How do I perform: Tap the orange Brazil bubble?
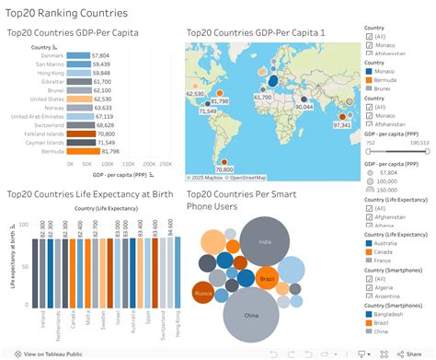pyautogui.click(x=268, y=277)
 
